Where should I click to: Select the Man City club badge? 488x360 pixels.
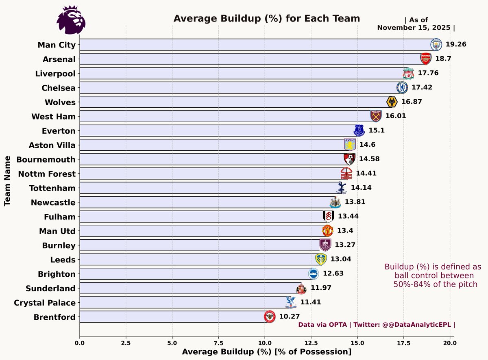point(436,44)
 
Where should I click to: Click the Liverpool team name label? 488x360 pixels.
point(59,74)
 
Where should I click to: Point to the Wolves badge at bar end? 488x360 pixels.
point(392,102)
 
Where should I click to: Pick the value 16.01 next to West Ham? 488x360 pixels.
point(395,116)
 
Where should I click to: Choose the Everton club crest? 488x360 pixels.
point(359,130)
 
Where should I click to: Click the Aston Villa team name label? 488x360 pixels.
point(52,145)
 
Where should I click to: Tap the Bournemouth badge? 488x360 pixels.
point(349,159)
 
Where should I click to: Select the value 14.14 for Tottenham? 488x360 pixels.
point(361,188)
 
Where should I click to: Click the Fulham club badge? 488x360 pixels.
point(328,216)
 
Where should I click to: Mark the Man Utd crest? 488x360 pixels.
point(328,231)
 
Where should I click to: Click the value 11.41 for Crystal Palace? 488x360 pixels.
point(311,302)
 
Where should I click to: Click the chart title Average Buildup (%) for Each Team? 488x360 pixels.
point(267,19)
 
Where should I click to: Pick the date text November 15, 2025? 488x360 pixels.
point(414,28)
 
